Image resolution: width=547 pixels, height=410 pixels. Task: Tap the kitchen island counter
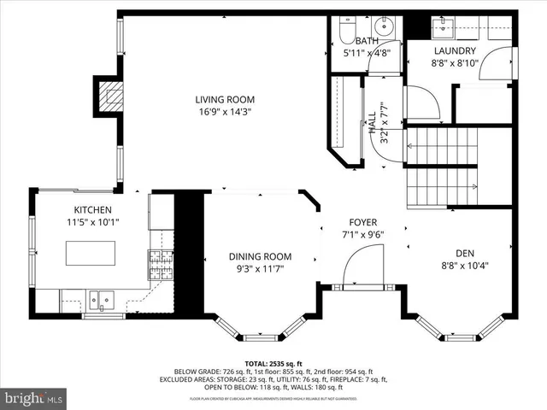click(91, 254)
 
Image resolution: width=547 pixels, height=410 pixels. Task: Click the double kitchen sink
click(101, 299)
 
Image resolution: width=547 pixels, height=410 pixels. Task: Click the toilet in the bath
click(345, 32)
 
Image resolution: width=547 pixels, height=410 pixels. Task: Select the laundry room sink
click(444, 30)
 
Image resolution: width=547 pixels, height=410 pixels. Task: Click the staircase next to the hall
click(440, 167)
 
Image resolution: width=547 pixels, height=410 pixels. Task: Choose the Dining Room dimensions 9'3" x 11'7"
click(260, 269)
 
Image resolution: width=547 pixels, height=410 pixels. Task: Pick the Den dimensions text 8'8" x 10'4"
click(464, 265)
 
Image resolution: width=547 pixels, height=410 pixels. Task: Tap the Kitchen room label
click(92, 209)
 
